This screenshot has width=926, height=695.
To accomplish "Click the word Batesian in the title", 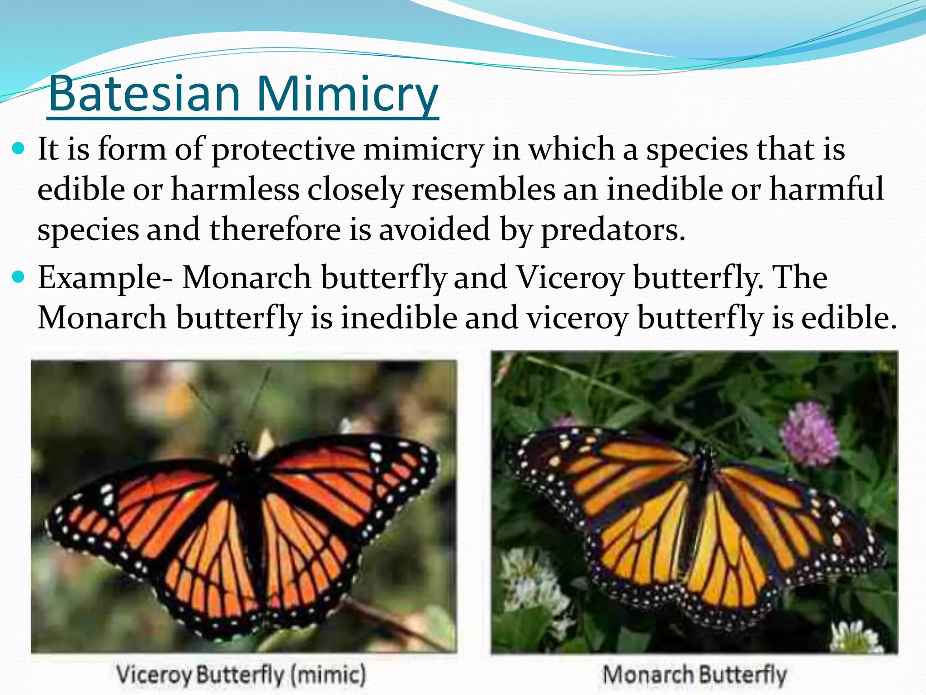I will click(x=144, y=94).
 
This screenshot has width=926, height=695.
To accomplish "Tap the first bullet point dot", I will click(x=19, y=148).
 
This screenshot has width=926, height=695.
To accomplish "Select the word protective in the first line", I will click(x=283, y=149).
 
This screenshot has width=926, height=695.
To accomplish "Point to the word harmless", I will click(x=235, y=189).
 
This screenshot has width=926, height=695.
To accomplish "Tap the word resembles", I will click(x=483, y=189).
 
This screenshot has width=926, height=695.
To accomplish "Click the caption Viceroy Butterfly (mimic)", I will click(x=241, y=675).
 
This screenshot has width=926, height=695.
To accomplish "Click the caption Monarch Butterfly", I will click(x=694, y=675).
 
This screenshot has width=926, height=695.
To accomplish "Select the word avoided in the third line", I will click(x=434, y=229).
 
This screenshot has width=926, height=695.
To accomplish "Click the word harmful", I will click(x=827, y=189).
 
